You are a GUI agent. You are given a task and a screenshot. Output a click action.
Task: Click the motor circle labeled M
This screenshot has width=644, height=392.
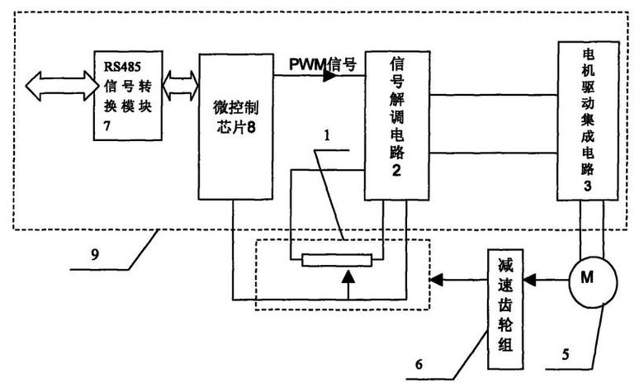click(587, 278)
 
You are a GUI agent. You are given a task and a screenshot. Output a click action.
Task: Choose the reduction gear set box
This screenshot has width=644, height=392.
click(505, 309)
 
